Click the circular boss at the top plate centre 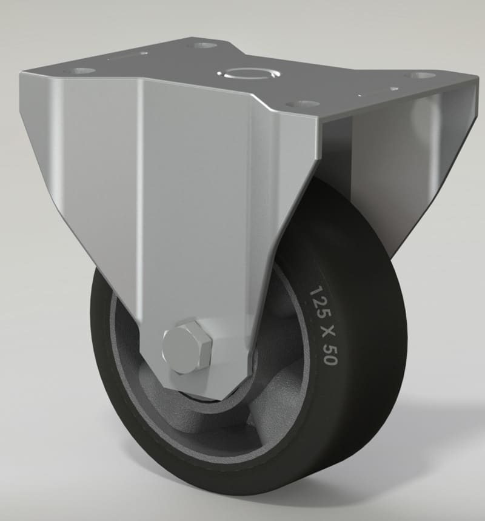coord(249,74)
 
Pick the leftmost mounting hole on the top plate coord(84,71)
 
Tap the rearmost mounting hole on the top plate coord(205,45)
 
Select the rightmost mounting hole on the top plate coord(420,76)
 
